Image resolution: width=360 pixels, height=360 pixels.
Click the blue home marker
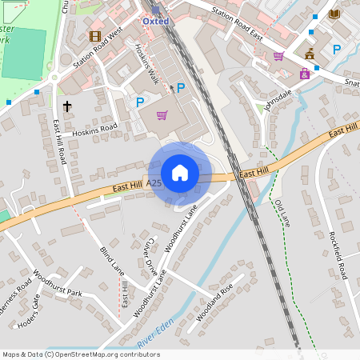(180, 172)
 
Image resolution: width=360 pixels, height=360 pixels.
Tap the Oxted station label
(156, 21)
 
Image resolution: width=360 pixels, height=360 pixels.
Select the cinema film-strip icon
(96, 36)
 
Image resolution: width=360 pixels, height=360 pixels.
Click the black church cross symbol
(67, 106)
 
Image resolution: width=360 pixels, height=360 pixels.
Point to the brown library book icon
(334, 14)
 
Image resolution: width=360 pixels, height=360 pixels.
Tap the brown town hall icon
(310, 54)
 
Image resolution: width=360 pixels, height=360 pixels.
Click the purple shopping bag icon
(162, 115)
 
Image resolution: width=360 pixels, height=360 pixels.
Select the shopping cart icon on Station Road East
(278, 56)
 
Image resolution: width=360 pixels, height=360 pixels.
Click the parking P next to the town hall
(337, 50)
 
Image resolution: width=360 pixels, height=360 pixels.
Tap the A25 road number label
(154, 183)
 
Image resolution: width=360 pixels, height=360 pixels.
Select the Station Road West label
(98, 53)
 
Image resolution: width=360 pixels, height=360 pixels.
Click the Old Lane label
(282, 213)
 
